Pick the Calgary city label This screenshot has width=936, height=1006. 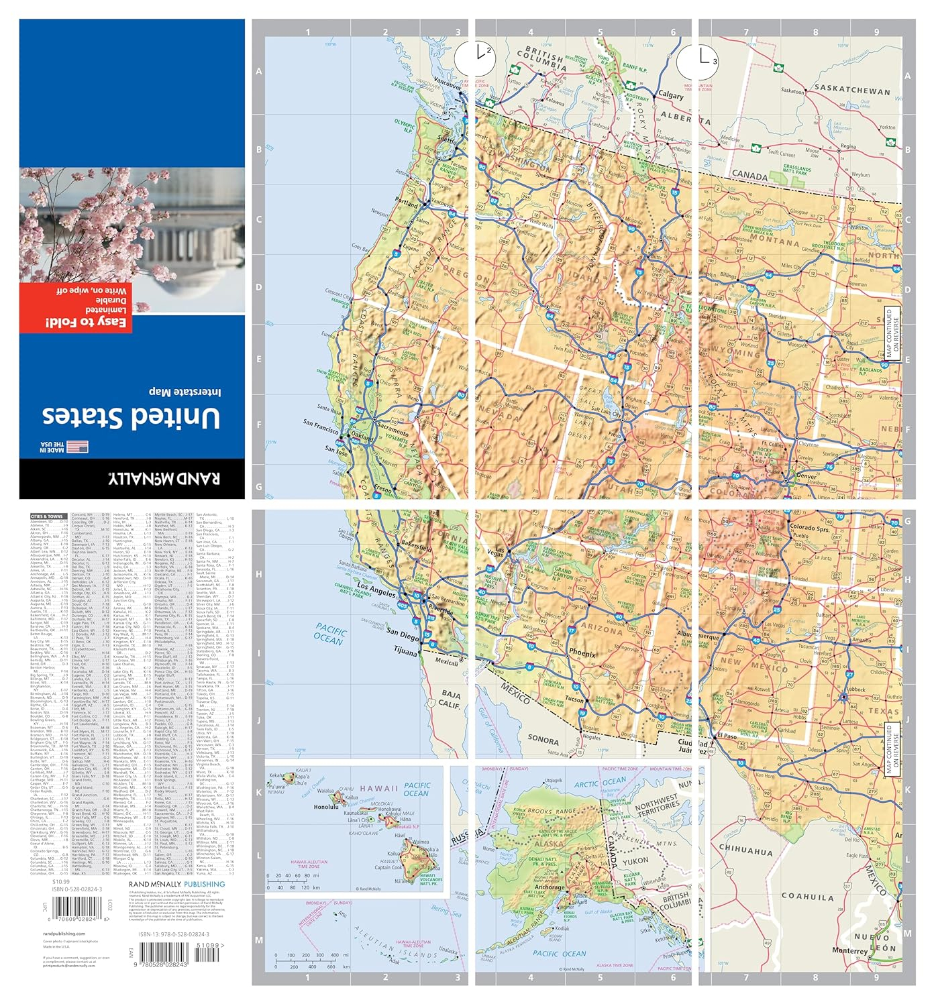[x=670, y=95]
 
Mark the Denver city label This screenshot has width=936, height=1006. [x=806, y=476]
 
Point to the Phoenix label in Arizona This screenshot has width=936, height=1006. [x=582, y=653]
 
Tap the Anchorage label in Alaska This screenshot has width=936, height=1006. [x=550, y=887]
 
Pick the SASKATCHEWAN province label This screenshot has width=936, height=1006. [x=852, y=89]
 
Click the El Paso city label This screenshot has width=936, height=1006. [x=727, y=736]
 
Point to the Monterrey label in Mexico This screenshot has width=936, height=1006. [x=849, y=950]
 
